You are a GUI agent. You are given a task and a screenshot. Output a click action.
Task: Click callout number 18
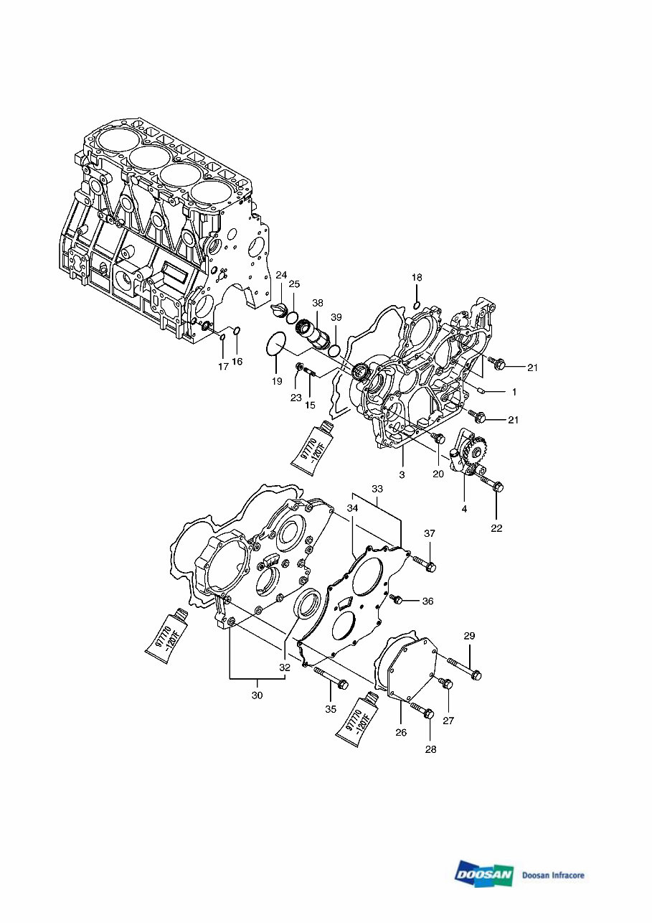[x=417, y=277]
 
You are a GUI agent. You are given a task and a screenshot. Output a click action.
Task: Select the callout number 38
[x=317, y=303]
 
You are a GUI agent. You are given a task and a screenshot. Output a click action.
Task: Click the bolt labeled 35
[x=331, y=678]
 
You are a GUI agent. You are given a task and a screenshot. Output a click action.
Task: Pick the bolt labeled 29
[x=464, y=668]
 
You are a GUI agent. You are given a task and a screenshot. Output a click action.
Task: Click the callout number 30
[x=258, y=695]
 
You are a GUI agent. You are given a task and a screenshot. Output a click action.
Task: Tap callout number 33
[x=377, y=489]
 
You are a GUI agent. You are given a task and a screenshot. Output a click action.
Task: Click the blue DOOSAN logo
[x=483, y=874]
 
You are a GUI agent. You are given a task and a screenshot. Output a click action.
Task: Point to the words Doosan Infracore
[x=553, y=875]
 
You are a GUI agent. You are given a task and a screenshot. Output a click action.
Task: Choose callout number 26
[x=401, y=732]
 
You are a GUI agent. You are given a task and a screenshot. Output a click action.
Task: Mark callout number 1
[x=514, y=393]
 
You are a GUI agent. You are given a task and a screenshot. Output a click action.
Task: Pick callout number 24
[x=281, y=275]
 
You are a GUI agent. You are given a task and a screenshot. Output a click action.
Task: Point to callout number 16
[x=237, y=361]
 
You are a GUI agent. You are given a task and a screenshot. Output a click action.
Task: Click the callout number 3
[x=402, y=475]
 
